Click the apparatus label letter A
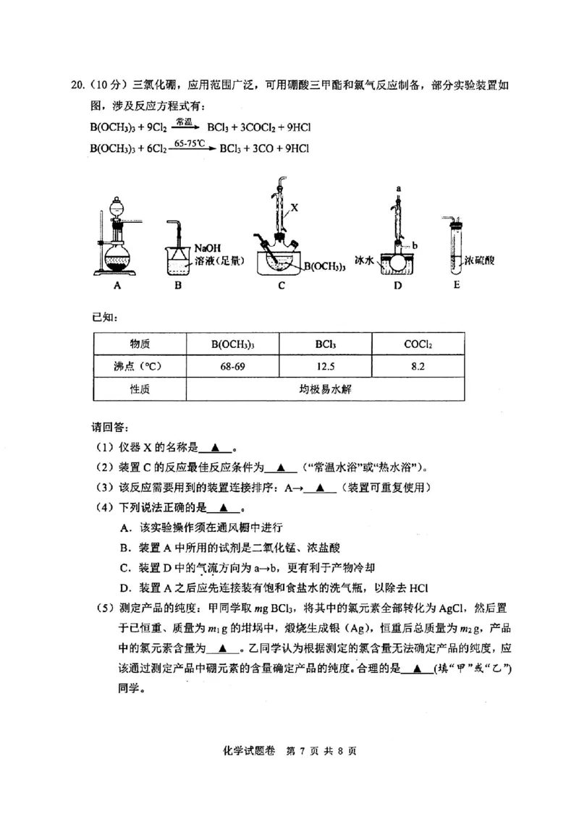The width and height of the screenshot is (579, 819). (117, 286)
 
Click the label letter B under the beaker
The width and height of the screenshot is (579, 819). (179, 286)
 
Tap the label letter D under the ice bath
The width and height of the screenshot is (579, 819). (397, 286)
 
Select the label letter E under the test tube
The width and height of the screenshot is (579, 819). (456, 285)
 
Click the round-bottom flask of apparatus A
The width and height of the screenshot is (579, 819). (116, 257)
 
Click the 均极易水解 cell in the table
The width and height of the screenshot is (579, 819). (325, 389)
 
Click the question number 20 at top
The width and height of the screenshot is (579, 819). (77, 85)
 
